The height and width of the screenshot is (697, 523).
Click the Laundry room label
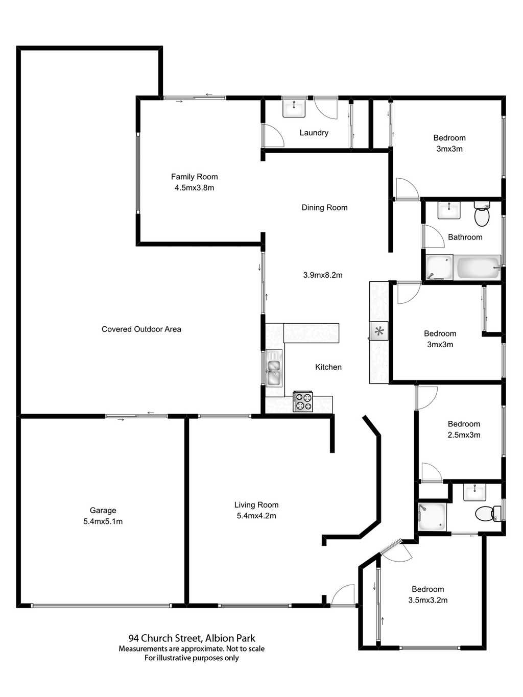click(314, 133)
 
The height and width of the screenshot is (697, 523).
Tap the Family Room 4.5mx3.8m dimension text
click(194, 188)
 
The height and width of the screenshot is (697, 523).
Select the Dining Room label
click(324, 207)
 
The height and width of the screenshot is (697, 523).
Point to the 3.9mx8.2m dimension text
click(323, 275)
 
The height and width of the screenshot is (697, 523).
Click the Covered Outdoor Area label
click(141, 329)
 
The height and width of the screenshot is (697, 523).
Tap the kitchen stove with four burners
click(303, 401)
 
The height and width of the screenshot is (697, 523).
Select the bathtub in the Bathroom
click(478, 268)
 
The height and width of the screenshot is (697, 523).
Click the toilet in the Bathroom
click(482, 215)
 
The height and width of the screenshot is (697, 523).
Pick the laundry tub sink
click(294, 108)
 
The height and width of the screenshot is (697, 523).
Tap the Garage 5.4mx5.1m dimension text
click(103, 521)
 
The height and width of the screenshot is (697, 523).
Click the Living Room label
click(256, 505)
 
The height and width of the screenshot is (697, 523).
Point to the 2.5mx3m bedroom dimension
click(464, 435)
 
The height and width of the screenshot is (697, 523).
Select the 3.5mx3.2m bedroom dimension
click(428, 600)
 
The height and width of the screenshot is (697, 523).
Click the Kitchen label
click(328, 367)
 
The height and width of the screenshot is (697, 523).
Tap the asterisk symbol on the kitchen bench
click(379, 331)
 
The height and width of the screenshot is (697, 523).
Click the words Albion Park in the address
click(230, 638)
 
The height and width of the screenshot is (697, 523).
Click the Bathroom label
click(465, 237)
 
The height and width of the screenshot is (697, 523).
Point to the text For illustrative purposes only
click(192, 658)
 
